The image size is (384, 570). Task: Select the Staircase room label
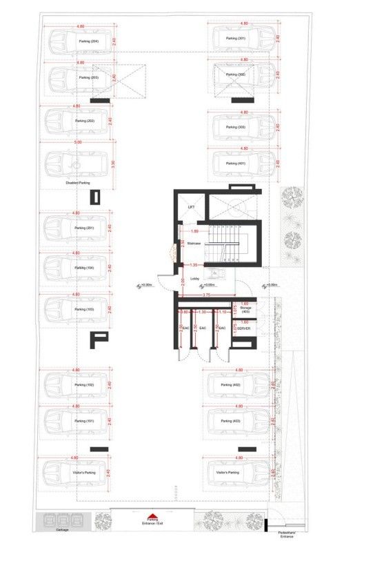pos(194,243)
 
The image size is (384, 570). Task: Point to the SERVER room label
pos(243,328)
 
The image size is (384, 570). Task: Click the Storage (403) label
pos(245,310)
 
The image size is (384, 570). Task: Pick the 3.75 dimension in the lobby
pos(206,295)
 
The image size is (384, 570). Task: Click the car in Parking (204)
pos(77,41)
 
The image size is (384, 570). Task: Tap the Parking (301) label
pos(237,38)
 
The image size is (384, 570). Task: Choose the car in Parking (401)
pos(239,164)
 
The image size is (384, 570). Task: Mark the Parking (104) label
pos(85,267)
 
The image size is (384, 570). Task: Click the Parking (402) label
pos(230,384)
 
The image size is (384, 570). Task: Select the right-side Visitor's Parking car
pos(238,473)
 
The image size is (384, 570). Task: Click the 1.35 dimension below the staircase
pos(194,264)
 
